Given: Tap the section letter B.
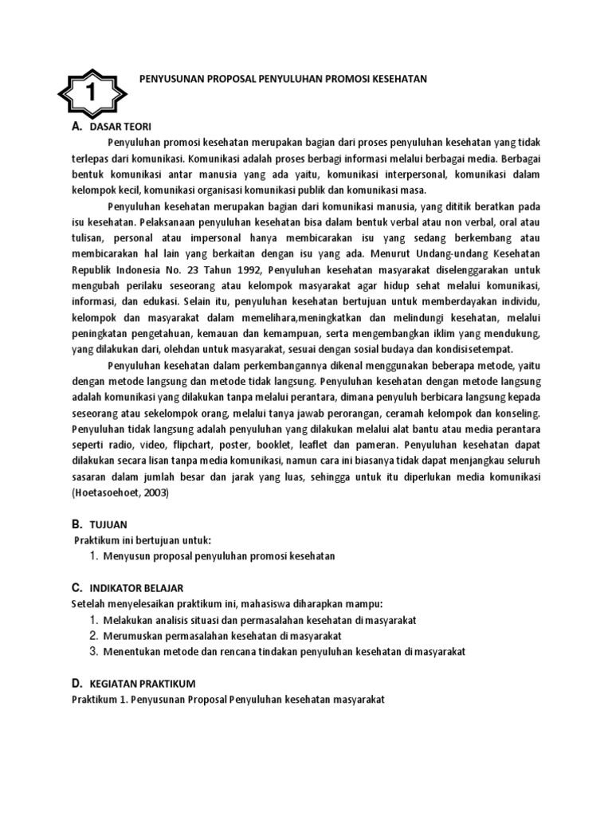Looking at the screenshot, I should (x=76, y=524).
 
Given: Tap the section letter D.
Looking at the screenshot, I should (x=76, y=683).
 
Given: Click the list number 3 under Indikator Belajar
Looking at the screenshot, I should (x=93, y=651).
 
